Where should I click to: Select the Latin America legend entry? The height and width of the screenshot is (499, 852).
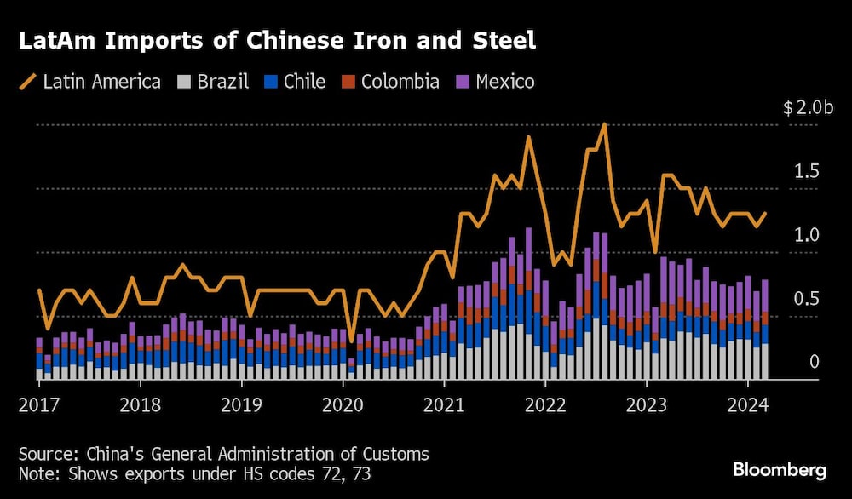(x=90, y=82)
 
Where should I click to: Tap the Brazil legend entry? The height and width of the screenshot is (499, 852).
(x=213, y=82)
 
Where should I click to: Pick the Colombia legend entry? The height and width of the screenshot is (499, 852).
(x=390, y=82)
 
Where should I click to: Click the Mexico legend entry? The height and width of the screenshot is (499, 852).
(x=495, y=82)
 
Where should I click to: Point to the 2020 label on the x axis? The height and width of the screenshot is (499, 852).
(x=343, y=404)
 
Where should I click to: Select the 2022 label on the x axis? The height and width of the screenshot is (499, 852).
(x=546, y=404)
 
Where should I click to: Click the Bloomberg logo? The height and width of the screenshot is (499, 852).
(x=779, y=469)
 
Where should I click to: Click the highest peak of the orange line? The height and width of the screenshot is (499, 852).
(x=604, y=124)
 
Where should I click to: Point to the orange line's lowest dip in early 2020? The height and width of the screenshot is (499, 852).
(x=352, y=341)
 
